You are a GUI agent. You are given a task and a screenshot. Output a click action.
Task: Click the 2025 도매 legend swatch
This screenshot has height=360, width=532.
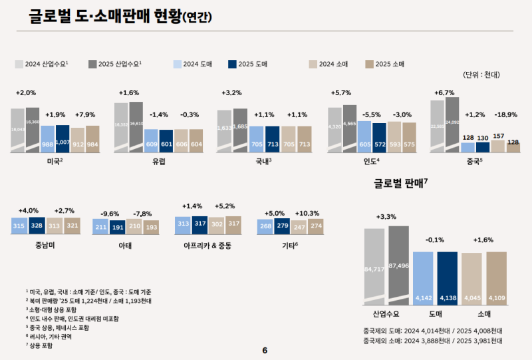tap(232, 64)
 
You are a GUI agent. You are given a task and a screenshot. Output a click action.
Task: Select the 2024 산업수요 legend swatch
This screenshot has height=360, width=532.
tap(19, 64)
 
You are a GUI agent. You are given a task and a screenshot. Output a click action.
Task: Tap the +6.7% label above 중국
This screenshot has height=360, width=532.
tap(444, 92)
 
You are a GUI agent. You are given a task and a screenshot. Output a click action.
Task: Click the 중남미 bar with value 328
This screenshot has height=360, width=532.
tap(37, 227)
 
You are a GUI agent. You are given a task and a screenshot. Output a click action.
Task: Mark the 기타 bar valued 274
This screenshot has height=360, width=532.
tap(315, 227)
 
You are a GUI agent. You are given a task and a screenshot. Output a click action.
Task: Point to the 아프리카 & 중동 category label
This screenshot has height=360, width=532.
tap(207, 246)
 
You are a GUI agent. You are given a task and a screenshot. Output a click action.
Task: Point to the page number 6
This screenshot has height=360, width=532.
tap(265, 351)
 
